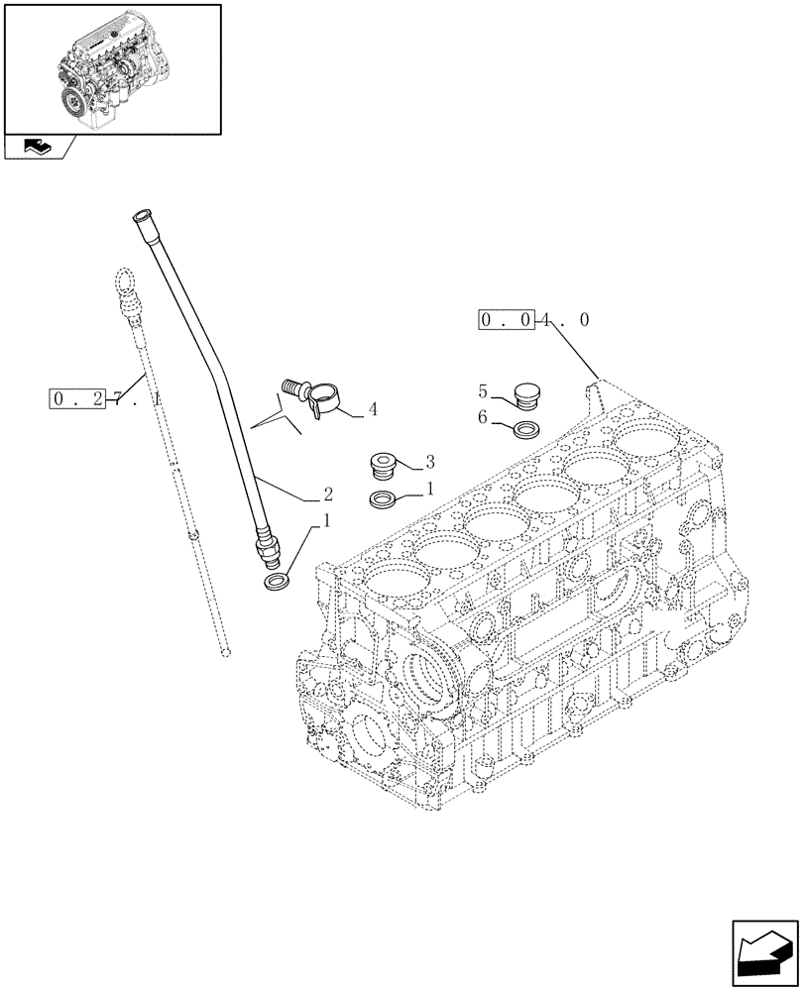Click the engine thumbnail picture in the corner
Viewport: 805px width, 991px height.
tap(111, 68)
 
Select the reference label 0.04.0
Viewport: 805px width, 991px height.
tap(535, 320)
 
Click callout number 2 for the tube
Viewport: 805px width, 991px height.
tap(327, 493)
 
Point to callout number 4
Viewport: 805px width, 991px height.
tap(372, 408)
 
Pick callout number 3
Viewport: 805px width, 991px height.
tap(429, 461)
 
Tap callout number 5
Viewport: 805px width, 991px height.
tap(482, 390)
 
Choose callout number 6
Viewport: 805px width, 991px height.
tap(482, 418)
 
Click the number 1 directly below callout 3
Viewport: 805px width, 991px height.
tap(429, 489)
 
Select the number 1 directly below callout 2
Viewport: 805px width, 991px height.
tap(327, 519)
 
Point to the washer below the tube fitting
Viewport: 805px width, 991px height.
tap(277, 579)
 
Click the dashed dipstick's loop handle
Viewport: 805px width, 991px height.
tap(123, 282)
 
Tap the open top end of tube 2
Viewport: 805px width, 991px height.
tap(139, 214)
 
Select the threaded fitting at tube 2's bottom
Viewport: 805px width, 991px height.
tap(268, 543)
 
